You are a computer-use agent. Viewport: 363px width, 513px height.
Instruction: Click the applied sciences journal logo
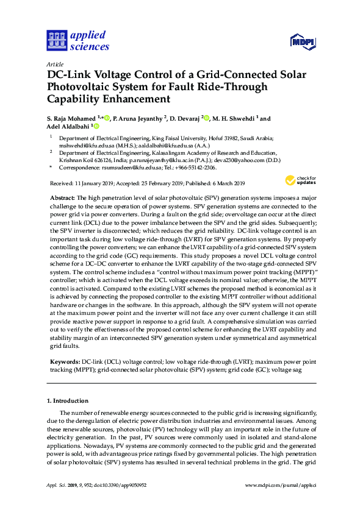click(78, 41)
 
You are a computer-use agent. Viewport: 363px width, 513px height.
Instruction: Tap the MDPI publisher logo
click(301, 41)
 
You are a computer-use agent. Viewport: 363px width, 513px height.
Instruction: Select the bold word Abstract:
click(62, 199)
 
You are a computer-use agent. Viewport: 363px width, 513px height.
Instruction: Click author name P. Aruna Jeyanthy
click(136, 118)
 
